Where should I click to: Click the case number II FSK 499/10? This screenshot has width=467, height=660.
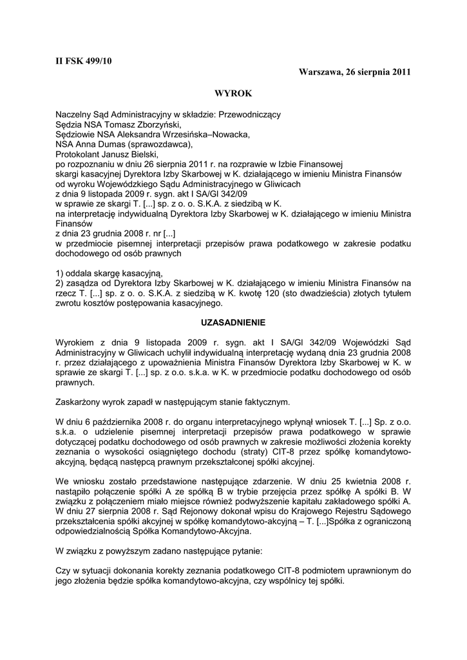(84, 61)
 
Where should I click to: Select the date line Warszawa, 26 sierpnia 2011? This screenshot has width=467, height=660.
(355, 72)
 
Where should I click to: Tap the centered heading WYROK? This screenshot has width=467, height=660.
(233, 94)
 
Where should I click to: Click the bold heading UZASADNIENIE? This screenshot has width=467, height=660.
(233, 321)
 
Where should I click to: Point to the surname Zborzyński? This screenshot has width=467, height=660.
(154, 126)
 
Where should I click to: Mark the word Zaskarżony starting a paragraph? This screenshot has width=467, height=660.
(79, 402)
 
